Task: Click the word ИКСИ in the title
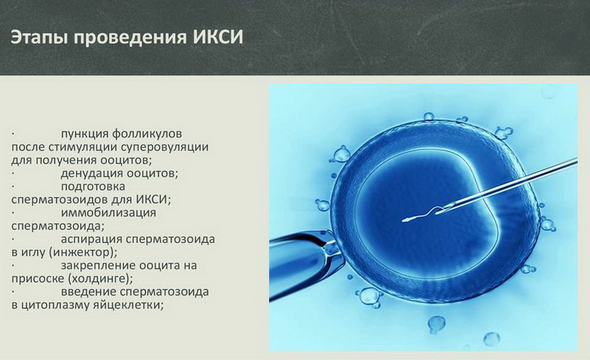coord(218,38)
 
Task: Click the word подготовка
coord(93,187)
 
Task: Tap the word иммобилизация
coord(108,212)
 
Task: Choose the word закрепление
coord(97,266)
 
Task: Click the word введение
coord(88,292)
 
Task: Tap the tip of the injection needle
coord(437,212)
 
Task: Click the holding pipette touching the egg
coord(305,264)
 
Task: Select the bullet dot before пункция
coord(13,134)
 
